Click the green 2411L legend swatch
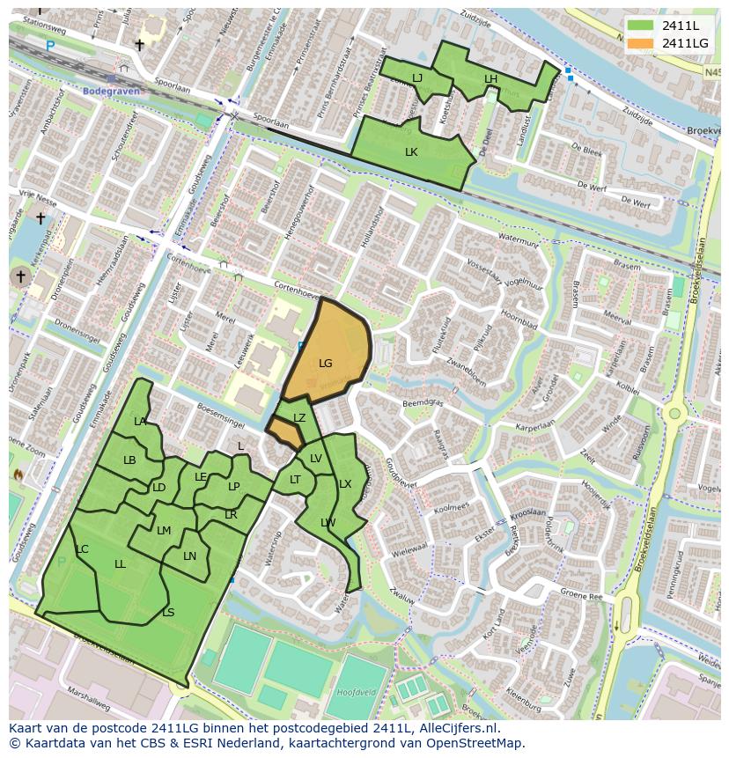(640, 26)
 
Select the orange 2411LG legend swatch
(640, 43)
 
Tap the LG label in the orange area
(326, 363)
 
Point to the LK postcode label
(411, 151)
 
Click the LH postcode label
(490, 79)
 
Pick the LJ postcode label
(417, 78)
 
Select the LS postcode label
(168, 613)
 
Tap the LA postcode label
(140, 422)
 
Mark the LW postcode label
(328, 522)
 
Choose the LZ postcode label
(299, 418)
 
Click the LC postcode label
(82, 549)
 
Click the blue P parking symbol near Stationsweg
(50, 45)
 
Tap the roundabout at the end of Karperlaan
(675, 413)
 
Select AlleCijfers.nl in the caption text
(456, 728)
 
